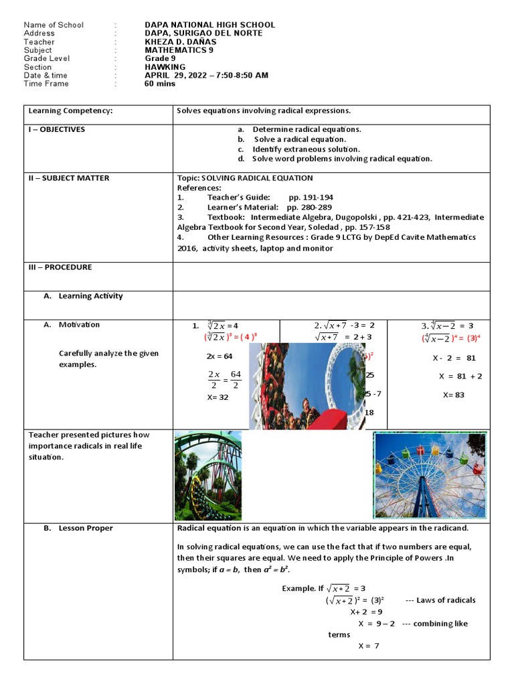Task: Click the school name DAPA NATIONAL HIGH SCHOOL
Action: coord(209,25)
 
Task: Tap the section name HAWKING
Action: coord(165,67)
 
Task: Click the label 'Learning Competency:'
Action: coord(70,111)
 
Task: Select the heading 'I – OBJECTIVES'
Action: coord(57,129)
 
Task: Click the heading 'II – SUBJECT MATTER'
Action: coord(69,178)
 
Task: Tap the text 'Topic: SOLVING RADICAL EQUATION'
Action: coord(244,178)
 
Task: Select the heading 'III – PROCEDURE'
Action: coord(60,267)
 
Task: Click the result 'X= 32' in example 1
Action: coord(218,397)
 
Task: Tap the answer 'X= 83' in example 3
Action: coord(453,395)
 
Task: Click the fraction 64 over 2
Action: coord(236,379)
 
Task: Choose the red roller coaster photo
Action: coord(308,386)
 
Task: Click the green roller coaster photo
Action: coord(208,476)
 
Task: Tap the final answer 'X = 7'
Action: coord(369,646)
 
